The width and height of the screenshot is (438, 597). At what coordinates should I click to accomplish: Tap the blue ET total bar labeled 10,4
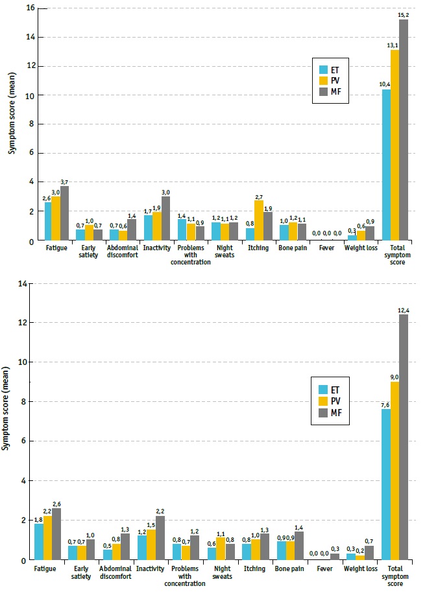(386, 165)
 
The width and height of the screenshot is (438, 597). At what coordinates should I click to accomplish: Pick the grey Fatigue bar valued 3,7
(65, 213)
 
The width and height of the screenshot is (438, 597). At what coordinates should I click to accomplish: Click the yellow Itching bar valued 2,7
(259, 220)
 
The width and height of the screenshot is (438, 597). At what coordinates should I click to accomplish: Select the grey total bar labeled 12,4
(404, 437)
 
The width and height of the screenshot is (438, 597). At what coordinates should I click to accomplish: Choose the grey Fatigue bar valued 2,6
(65, 534)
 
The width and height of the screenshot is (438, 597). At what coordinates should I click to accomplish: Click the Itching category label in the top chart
(258, 248)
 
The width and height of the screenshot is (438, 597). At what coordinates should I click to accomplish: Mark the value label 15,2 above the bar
(404, 15)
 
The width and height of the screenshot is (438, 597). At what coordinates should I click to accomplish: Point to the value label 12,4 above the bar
(404, 310)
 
